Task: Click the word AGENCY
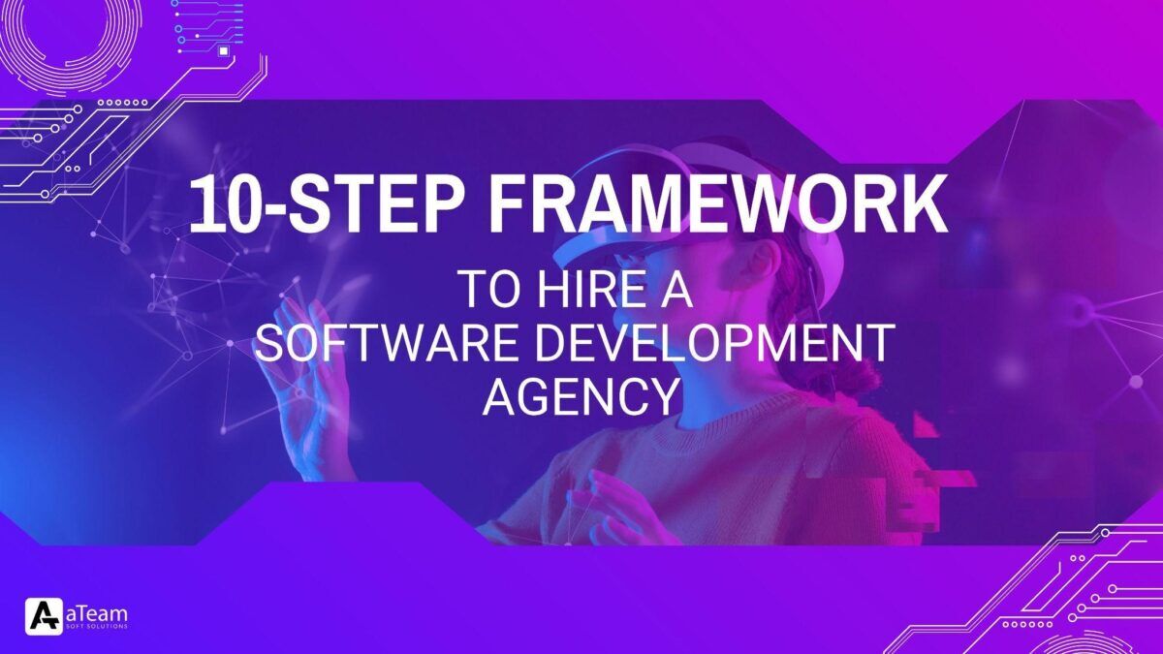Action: [581, 396]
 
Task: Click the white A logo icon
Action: [45, 616]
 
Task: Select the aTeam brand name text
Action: [97, 613]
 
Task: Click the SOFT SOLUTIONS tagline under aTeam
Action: [97, 627]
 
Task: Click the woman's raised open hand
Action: [306, 358]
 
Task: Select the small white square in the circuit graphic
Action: [224, 50]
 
